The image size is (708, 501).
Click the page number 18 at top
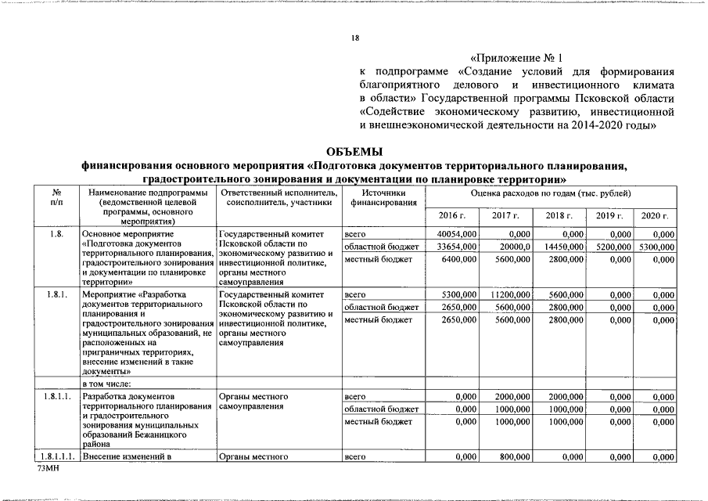(354, 38)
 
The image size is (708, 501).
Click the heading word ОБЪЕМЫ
(354, 151)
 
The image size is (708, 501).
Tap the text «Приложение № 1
(516, 58)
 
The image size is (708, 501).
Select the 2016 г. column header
(452, 215)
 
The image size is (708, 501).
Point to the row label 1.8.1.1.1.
(56, 456)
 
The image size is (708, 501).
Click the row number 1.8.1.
(56, 294)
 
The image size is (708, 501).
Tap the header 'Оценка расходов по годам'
(552, 193)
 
